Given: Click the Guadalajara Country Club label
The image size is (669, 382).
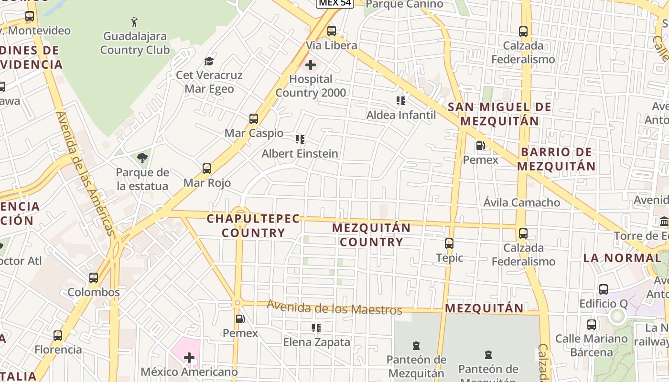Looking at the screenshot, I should tap(135, 43).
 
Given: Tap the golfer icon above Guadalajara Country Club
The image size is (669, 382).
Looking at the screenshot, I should tap(135, 21).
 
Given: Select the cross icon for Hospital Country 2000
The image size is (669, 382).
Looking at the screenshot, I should tap(311, 64).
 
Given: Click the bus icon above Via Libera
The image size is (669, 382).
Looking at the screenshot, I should tap(332, 32).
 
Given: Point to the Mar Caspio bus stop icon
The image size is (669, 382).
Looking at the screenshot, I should tap(254, 119).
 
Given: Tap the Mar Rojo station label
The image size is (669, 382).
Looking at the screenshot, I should tap(207, 183).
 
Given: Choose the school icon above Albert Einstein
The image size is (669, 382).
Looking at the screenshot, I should tap(300, 139).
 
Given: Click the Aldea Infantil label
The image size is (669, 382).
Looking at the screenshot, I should tap(401, 115).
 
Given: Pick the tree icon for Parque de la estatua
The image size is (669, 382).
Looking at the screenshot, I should tap(142, 158).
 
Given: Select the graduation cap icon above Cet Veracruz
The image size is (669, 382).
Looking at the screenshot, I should tap(209, 61).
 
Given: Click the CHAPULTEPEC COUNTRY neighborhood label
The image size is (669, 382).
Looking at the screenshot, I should tap(253, 226).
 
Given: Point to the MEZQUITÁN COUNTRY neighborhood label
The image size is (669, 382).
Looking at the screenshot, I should tap(371, 235).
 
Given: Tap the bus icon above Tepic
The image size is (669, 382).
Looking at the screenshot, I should tap(449, 244).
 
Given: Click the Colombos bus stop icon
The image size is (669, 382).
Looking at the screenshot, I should tap(94, 278).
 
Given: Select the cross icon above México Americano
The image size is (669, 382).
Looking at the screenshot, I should tap(189, 357).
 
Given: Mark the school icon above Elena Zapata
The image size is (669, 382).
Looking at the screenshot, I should tap(316, 328).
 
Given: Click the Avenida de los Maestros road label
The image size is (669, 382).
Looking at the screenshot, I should tap(334, 308).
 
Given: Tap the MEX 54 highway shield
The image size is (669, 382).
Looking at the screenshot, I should tap(334, 3).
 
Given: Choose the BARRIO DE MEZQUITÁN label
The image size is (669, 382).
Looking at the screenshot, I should tap(556, 159).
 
